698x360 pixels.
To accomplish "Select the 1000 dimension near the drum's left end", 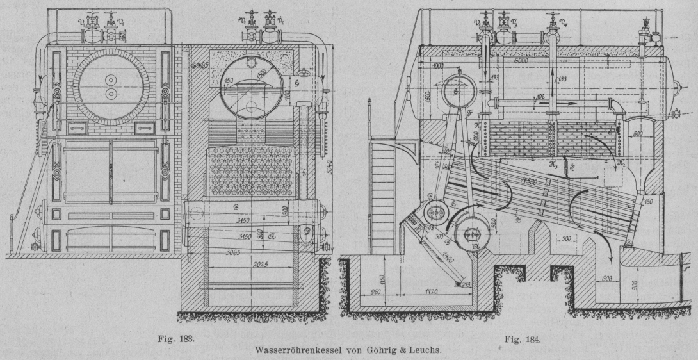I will (x=437, y=67).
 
